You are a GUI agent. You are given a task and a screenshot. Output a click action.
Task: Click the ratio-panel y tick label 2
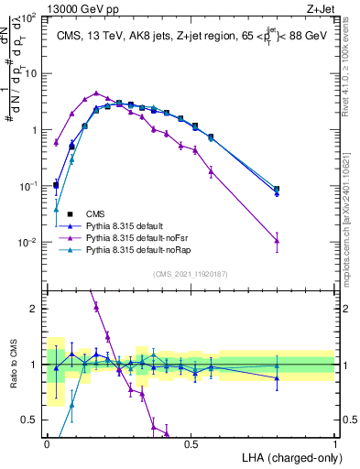(35, 310)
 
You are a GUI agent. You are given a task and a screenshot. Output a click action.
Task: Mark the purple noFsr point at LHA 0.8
(277, 241)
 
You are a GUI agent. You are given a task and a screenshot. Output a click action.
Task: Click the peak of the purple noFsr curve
(96, 93)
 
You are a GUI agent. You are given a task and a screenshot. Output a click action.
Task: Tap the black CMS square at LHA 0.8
(277, 189)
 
